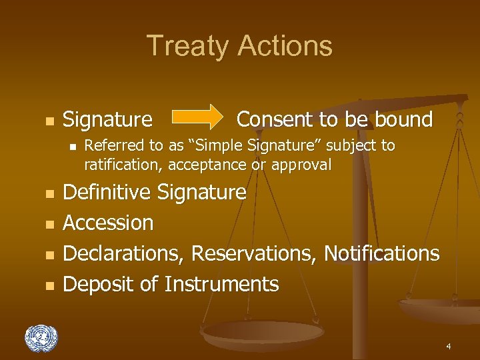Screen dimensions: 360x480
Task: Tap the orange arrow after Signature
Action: pos(198,117)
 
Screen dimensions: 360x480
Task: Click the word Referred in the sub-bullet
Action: pos(111,145)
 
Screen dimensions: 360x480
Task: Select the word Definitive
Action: pos(107,193)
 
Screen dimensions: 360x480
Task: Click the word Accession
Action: pos(108,223)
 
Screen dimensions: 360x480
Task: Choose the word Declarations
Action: pos(124,253)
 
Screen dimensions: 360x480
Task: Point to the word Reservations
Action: pos(255,253)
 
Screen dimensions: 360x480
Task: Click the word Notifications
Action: pos(382,253)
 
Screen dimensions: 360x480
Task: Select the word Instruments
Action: pos(221,284)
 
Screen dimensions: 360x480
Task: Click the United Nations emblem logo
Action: pos(41,338)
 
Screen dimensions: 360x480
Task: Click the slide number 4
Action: pos(449,347)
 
